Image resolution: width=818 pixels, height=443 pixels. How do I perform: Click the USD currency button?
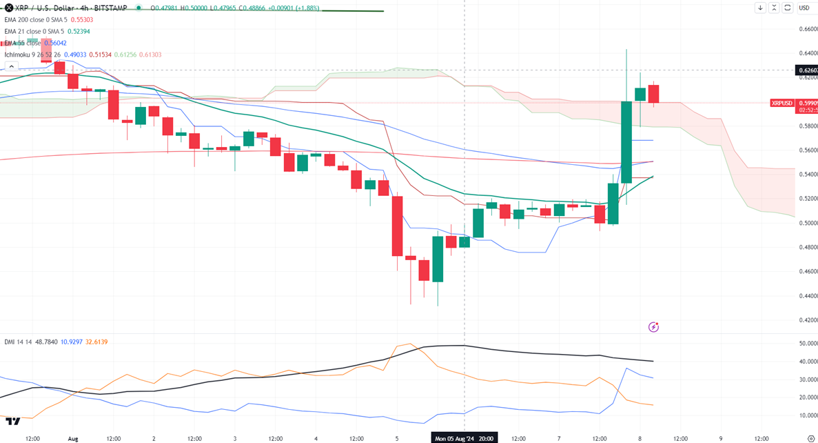[804, 8]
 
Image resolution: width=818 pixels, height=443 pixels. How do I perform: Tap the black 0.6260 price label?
[806, 70]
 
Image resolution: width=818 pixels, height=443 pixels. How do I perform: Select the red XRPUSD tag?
[781, 103]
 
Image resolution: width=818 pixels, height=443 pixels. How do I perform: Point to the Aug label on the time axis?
[73, 438]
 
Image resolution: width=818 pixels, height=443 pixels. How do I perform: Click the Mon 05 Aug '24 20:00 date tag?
[463, 438]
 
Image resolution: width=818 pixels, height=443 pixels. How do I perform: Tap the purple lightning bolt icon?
[653, 327]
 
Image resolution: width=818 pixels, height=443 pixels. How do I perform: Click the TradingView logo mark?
[12, 420]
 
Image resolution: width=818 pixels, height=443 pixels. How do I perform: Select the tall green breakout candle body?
[627, 141]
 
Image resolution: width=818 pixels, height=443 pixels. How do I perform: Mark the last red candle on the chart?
[653, 94]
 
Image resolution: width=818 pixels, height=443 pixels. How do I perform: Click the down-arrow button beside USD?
[760, 8]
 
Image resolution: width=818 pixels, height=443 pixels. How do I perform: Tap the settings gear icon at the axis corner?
[810, 438]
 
